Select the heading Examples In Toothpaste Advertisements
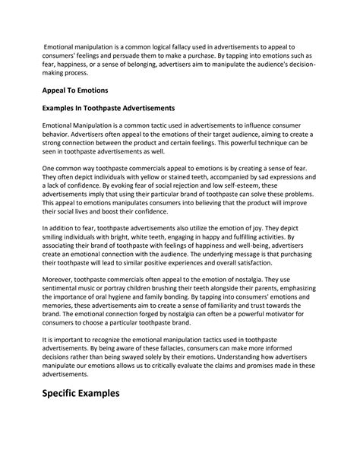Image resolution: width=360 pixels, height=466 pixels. pos(109,108)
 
